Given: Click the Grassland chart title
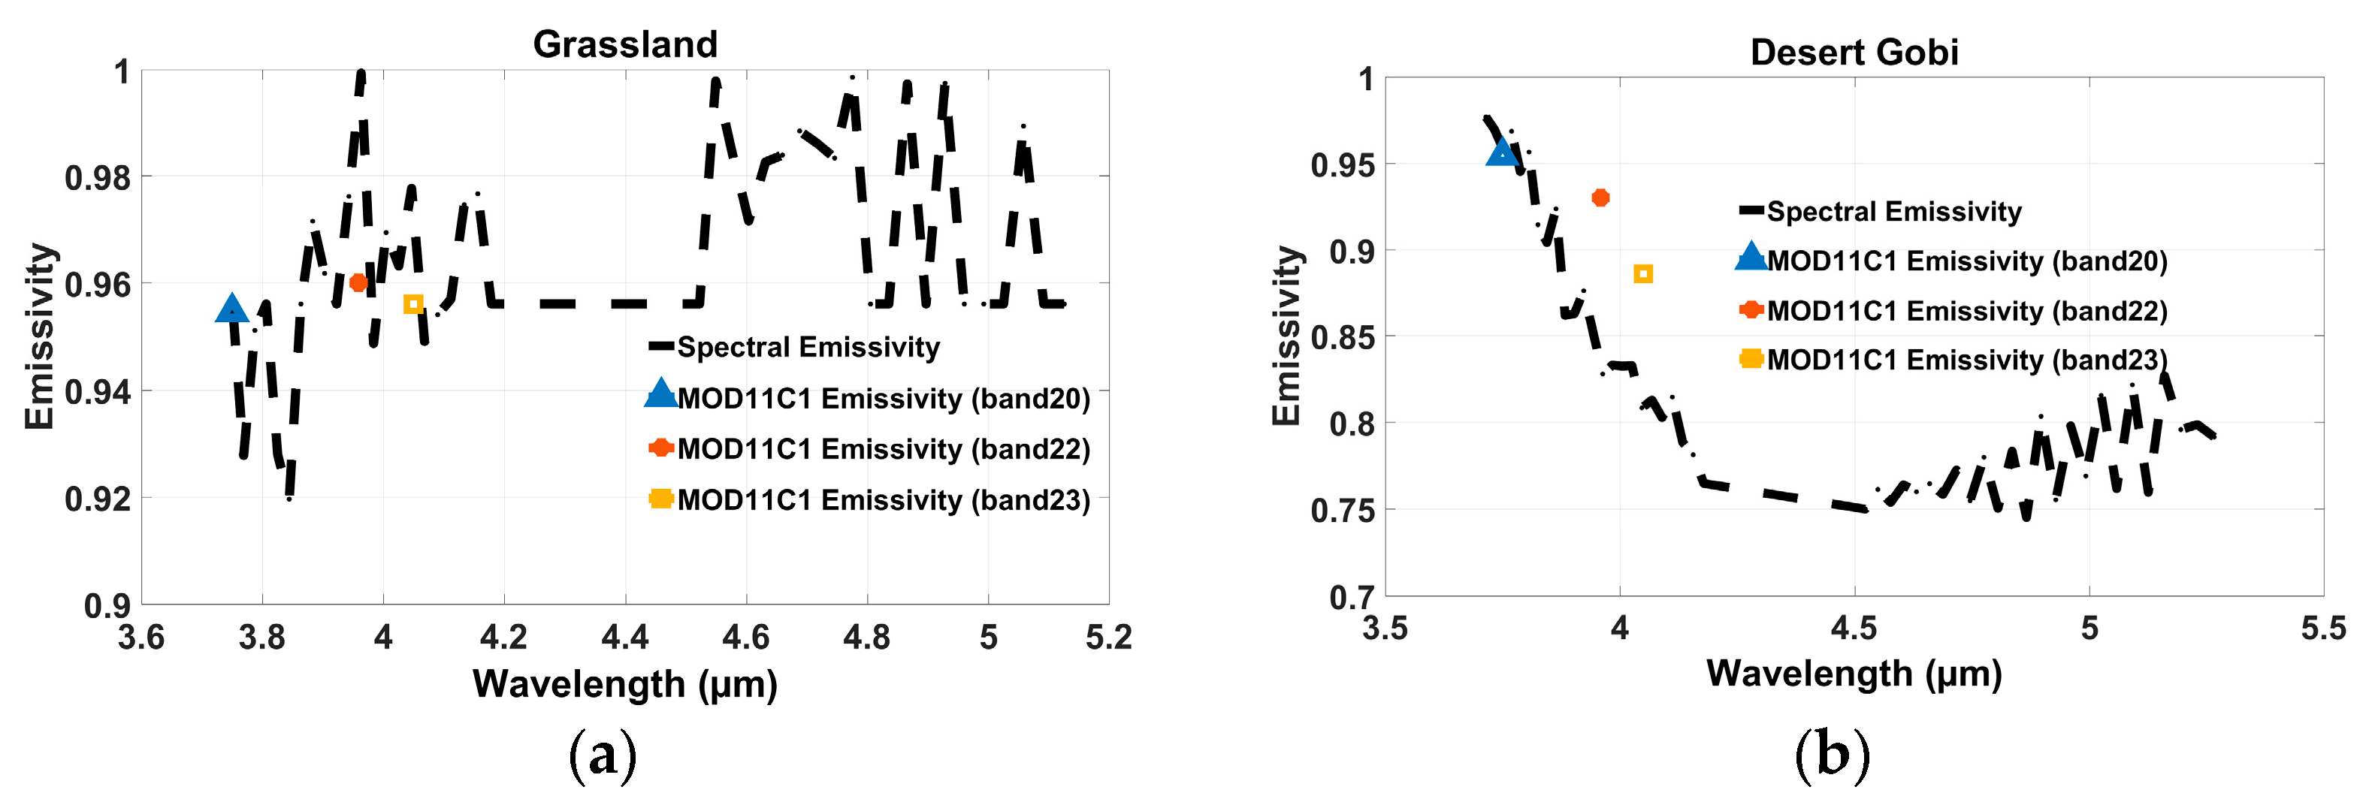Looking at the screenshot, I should pyautogui.click(x=625, y=44).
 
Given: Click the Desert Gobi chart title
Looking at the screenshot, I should pyautogui.click(x=1854, y=53).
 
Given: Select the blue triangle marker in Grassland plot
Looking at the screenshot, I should pyautogui.click(x=231, y=309).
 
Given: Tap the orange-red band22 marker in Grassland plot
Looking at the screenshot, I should pyautogui.click(x=358, y=282).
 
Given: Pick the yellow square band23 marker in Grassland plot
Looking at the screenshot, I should pyautogui.click(x=413, y=303).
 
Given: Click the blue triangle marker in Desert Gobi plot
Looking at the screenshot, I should pyautogui.click(x=1502, y=152).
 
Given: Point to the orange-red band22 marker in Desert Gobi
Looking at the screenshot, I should pyautogui.click(x=1600, y=197).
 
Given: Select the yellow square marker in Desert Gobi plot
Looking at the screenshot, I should pyautogui.click(x=1642, y=274).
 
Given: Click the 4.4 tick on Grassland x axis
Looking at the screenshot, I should pyautogui.click(x=625, y=637).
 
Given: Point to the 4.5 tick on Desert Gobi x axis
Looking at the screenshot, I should pyautogui.click(x=1854, y=628).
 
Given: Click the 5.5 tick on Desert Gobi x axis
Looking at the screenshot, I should pyautogui.click(x=2322, y=628).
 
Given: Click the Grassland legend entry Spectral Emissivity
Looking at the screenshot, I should pyautogui.click(x=808, y=347).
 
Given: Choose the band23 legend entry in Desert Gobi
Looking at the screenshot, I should pyautogui.click(x=1966, y=360).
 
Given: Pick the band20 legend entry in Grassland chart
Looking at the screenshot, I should pyautogui.click(x=883, y=399).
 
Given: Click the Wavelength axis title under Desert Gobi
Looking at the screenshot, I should pyautogui.click(x=1854, y=674).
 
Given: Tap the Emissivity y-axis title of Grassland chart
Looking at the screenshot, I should pyautogui.click(x=40, y=337).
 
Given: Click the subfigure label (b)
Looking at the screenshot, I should pyautogui.click(x=1832, y=755).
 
